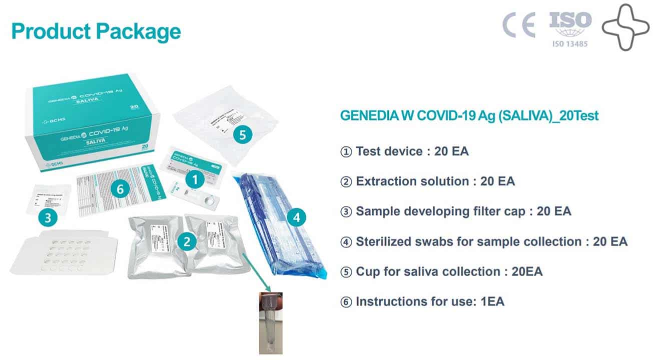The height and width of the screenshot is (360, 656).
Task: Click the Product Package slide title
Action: (96, 31)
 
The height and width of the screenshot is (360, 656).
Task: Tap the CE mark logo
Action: (519, 24)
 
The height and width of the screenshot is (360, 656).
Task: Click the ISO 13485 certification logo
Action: (570, 28)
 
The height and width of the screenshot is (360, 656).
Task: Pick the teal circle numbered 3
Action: (48, 217)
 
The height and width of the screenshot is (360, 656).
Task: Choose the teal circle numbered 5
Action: (243, 134)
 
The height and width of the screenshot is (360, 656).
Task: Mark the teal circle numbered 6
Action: (120, 189)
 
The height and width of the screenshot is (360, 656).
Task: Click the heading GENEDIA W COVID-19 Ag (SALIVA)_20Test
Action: (469, 115)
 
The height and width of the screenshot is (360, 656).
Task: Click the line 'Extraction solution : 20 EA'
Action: (427, 181)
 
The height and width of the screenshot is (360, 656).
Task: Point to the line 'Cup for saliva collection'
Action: (441, 271)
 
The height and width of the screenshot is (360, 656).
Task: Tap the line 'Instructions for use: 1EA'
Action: (422, 301)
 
